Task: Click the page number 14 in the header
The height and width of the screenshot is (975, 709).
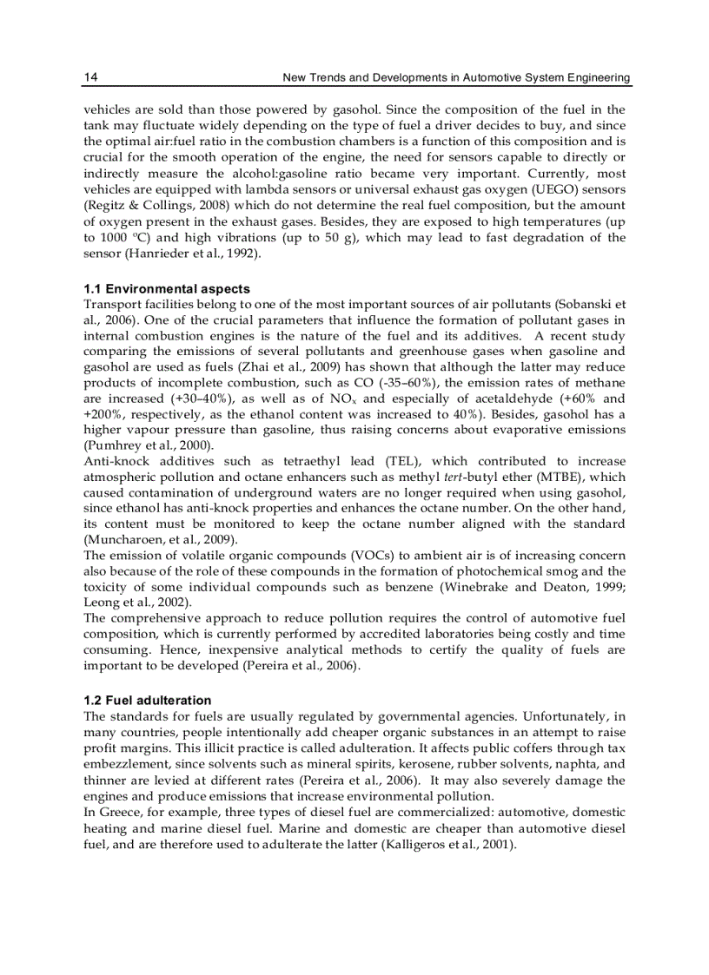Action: pyautogui.click(x=90, y=78)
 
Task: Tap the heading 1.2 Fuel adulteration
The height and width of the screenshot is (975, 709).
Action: pyautogui.click(x=147, y=701)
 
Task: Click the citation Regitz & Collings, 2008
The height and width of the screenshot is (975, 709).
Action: pyautogui.click(x=158, y=204)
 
